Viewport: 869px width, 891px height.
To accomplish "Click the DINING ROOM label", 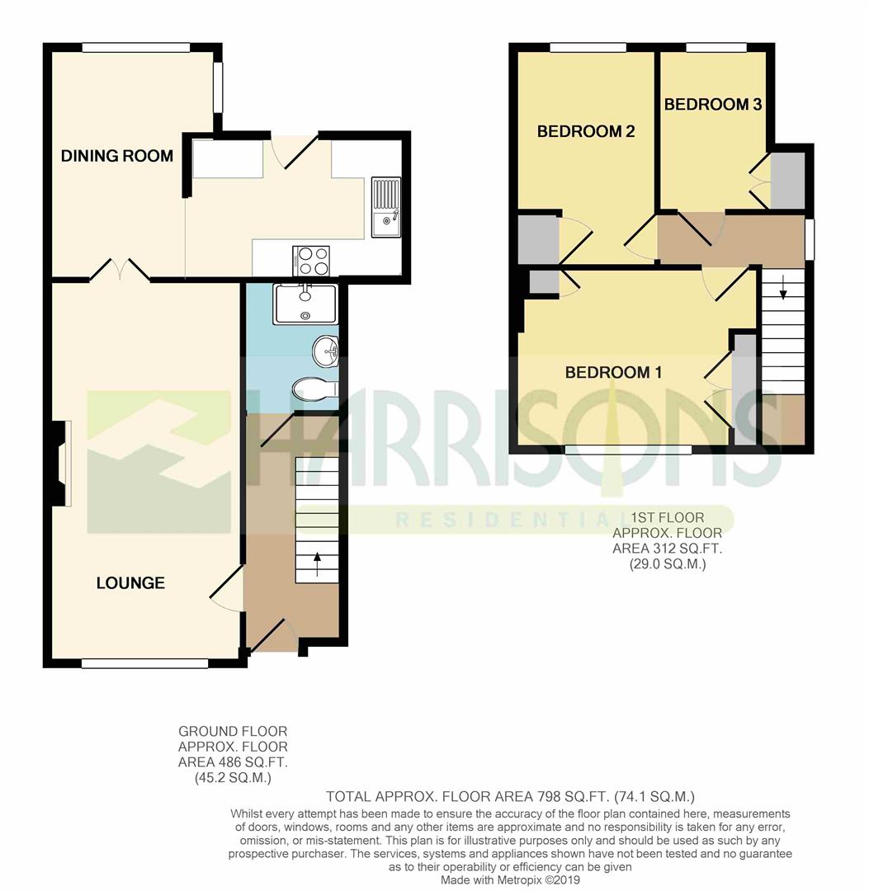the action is click(117, 156).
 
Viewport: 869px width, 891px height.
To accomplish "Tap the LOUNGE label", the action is click(130, 583).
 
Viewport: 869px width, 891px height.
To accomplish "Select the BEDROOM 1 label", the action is click(614, 373).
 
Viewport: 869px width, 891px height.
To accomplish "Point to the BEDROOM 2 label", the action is click(586, 131).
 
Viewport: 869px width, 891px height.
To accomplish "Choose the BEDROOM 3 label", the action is click(713, 104).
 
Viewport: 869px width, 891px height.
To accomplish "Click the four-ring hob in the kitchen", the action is click(311, 261).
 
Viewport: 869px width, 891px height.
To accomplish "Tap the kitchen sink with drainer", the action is click(386, 207).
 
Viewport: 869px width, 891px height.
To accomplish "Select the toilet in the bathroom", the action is click(315, 389).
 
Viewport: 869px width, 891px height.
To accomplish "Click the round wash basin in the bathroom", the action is click(325, 351).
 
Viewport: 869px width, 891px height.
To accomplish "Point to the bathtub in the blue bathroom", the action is click(306, 304).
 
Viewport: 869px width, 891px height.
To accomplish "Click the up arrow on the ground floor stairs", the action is click(317, 565).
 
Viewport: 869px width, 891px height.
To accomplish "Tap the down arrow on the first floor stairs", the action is click(783, 286).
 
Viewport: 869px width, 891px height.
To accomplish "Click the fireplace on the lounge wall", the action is click(60, 464).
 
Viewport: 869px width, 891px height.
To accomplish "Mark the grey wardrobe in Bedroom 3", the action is click(787, 180).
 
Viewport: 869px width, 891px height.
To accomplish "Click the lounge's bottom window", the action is click(145, 663).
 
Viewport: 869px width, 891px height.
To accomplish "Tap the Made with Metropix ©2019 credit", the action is click(510, 879).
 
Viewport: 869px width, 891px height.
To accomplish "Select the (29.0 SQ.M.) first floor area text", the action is click(668, 564).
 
